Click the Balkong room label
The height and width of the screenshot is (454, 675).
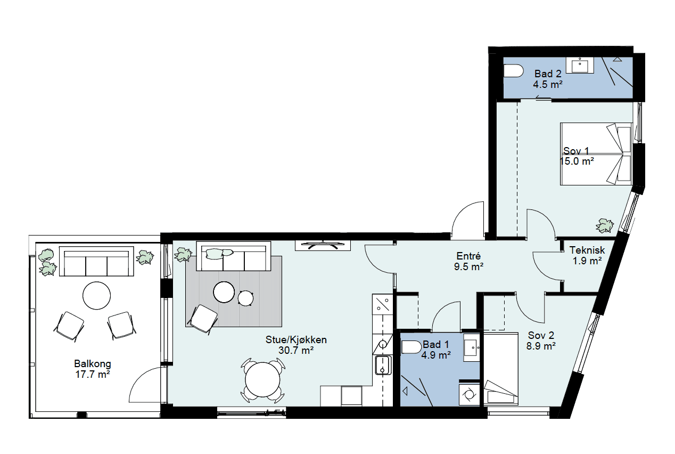93,364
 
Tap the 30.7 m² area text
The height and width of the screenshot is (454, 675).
296,350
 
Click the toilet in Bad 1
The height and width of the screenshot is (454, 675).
411,347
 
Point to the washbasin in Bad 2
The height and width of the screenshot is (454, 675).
580,65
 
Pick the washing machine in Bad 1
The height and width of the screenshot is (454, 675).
469,394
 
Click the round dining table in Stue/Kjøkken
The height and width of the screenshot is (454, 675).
263,380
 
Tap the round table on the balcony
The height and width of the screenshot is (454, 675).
97,296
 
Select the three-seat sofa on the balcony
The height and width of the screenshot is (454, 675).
96,261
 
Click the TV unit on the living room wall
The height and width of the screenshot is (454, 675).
323,245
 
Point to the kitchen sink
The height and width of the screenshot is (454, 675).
383,365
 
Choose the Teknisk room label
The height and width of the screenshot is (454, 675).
587,250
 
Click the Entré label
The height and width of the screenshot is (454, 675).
468,256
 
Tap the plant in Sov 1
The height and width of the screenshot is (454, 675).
604,225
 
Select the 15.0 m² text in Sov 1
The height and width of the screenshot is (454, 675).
577,161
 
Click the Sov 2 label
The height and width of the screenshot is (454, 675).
541,335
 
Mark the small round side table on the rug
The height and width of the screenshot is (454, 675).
245,298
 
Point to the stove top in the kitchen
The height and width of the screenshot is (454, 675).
383,304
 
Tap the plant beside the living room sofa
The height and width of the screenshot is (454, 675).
183,255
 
